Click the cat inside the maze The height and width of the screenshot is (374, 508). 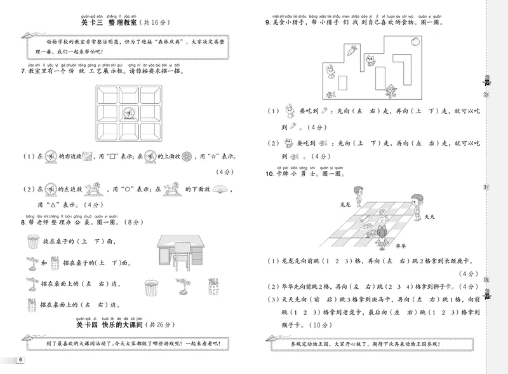pyautogui.click(x=371, y=61)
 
